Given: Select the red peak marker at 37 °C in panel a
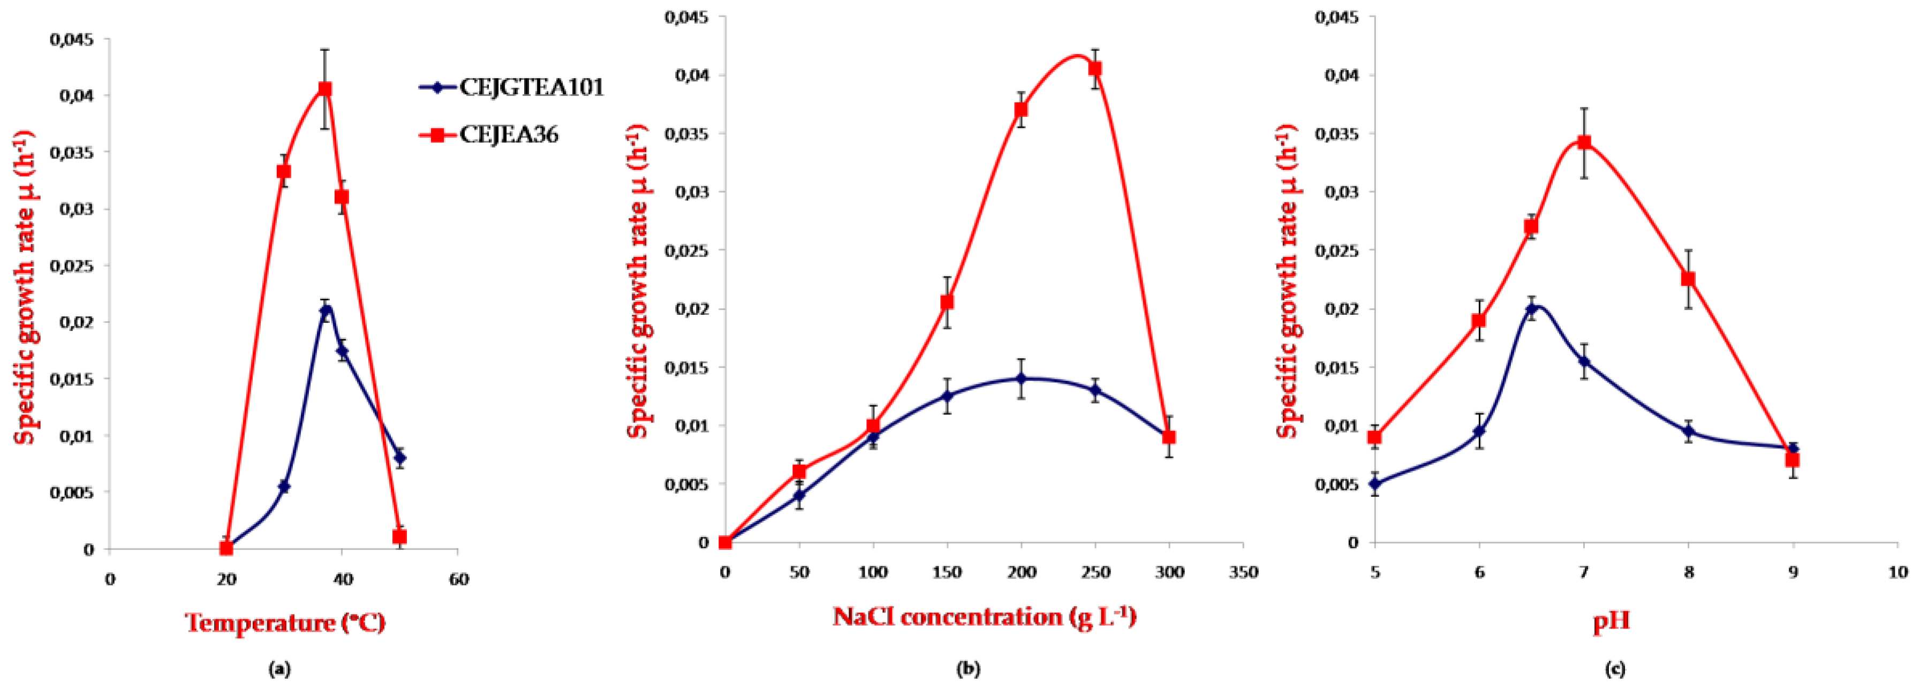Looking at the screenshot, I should [325, 89].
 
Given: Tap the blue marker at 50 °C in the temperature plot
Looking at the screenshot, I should [400, 458].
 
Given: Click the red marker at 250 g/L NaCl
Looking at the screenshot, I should [1095, 69].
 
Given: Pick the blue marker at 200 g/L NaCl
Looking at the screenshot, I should [1021, 379].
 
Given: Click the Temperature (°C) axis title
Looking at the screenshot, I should [285, 622].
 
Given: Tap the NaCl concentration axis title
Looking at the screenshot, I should [984, 616].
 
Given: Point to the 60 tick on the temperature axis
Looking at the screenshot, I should [458, 579].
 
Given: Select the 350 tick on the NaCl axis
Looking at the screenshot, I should [1243, 572].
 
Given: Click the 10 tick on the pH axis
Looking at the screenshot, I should [1899, 572].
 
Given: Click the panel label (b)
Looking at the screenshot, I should [968, 669].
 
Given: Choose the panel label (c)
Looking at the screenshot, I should [1614, 669].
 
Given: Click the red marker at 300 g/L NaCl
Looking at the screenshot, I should [1169, 437].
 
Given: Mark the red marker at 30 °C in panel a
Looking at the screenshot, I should [284, 171].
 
